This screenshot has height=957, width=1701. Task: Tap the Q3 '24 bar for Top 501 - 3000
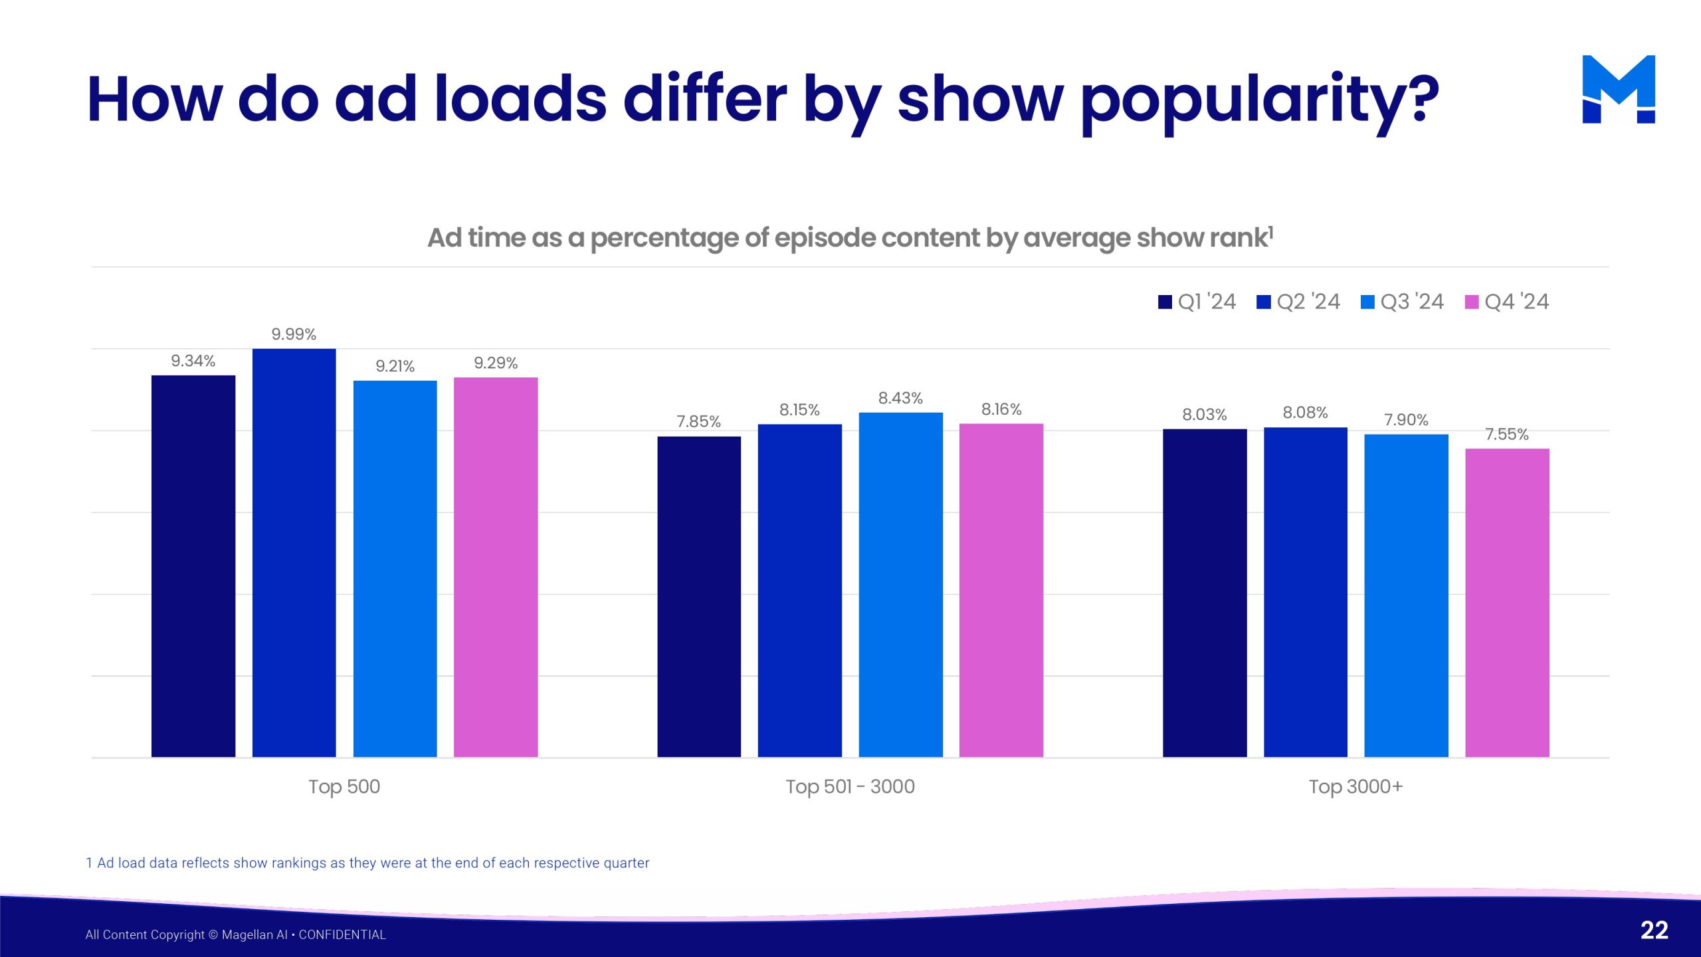[x=900, y=585]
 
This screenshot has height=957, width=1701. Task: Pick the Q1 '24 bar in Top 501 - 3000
[x=699, y=597]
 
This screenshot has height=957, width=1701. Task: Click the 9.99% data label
[x=294, y=334]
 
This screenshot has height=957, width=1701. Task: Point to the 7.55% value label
[x=1507, y=435]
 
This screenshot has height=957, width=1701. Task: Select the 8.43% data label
[x=900, y=398]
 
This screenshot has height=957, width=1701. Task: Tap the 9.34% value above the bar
[x=193, y=361]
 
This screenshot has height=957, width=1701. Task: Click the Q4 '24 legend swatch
[x=1472, y=302]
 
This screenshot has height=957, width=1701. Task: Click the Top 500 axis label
[x=344, y=787]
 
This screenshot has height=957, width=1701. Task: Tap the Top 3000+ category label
[x=1355, y=787]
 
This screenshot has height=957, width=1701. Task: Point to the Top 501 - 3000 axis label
[x=850, y=787]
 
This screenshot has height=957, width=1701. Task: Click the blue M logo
[x=1619, y=90]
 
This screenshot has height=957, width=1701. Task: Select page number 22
[x=1654, y=930]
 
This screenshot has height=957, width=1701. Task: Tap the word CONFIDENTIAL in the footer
[x=342, y=935]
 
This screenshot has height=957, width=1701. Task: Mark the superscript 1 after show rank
[x=1270, y=231]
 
